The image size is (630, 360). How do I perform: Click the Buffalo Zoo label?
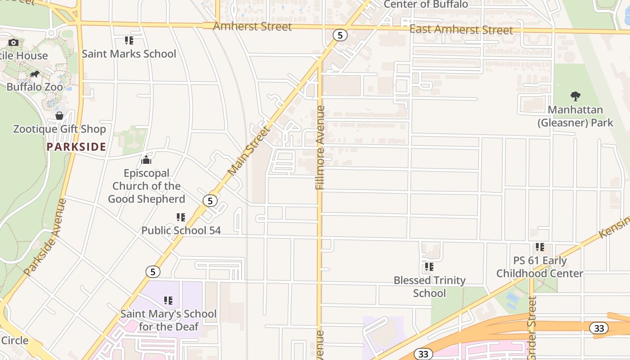coord(35,87)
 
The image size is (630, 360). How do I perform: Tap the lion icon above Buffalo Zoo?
coord(35,74)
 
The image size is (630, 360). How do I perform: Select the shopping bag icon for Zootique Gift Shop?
coord(59,116)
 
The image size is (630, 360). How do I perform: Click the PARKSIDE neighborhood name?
coord(76,147)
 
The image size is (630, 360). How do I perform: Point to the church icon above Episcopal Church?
coord(146,160)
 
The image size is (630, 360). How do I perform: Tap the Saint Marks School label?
coord(129,54)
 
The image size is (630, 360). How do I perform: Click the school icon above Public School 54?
coord(181,218)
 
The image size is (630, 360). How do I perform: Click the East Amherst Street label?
coord(461,30)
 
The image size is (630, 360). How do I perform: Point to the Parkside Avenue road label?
coord(45,237)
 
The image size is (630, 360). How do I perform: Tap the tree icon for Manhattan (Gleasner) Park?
coord(575,96)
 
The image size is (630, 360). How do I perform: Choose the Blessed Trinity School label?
coord(430,287)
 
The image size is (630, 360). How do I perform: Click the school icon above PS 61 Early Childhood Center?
coord(540,247)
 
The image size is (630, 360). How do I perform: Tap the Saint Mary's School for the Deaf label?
coord(168,320)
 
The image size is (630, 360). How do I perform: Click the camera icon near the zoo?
coord(13,42)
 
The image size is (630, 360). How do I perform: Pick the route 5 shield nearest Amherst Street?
coord(340,35)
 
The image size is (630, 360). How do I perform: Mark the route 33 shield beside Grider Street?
coord(599,328)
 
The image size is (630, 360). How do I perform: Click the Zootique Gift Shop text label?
coord(59,129)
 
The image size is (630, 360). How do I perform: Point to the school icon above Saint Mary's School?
coord(168,300)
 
